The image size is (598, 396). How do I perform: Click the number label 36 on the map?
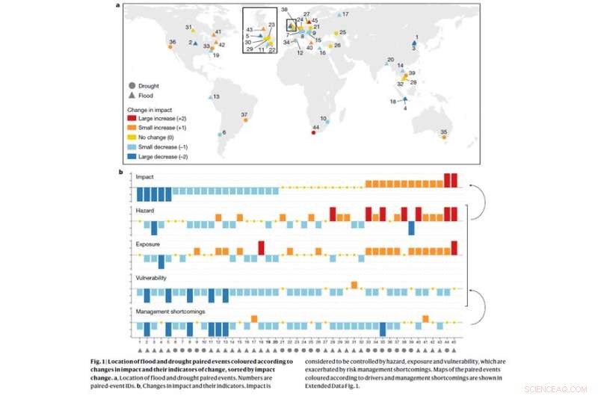point(173,42)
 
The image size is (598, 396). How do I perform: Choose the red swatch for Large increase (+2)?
point(132,117)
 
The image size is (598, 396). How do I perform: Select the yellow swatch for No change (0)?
point(132,137)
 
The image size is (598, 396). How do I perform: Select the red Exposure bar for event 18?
point(262,247)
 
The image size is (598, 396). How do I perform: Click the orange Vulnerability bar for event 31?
point(354,284)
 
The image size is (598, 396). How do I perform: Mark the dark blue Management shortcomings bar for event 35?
point(383,330)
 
